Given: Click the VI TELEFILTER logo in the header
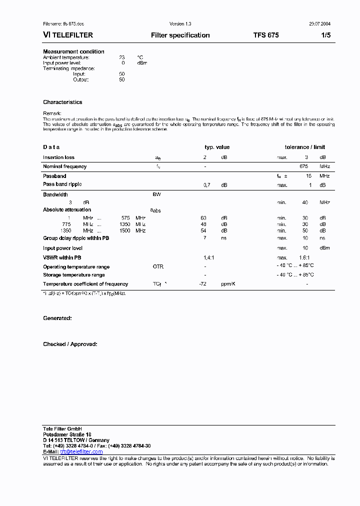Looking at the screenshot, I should click(x=68, y=35).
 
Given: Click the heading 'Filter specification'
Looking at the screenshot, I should click(x=180, y=35).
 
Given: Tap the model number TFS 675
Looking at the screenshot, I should click(x=266, y=35).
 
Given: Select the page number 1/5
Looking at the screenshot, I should click(x=325, y=35).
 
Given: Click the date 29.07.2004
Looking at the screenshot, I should click(x=319, y=24).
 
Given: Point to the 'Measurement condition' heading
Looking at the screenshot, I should click(x=73, y=51).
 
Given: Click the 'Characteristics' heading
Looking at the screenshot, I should click(x=62, y=102).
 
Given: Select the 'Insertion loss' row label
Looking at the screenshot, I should click(x=58, y=157).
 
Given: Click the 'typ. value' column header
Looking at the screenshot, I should click(x=217, y=147).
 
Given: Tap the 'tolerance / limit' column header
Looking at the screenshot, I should click(x=304, y=147).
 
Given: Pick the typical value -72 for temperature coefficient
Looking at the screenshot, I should click(x=203, y=284).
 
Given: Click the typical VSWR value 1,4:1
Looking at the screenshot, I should click(x=209, y=257).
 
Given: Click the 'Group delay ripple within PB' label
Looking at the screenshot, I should click(x=76, y=238).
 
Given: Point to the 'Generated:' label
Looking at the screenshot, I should click(x=57, y=318).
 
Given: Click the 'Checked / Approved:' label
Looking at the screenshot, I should click(x=70, y=344).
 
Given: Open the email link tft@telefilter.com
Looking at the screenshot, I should click(x=81, y=451).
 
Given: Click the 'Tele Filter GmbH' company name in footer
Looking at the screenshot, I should click(x=62, y=429).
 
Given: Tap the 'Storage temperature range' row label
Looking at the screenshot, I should click(x=74, y=275).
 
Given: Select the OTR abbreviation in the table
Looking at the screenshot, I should click(x=158, y=267).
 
